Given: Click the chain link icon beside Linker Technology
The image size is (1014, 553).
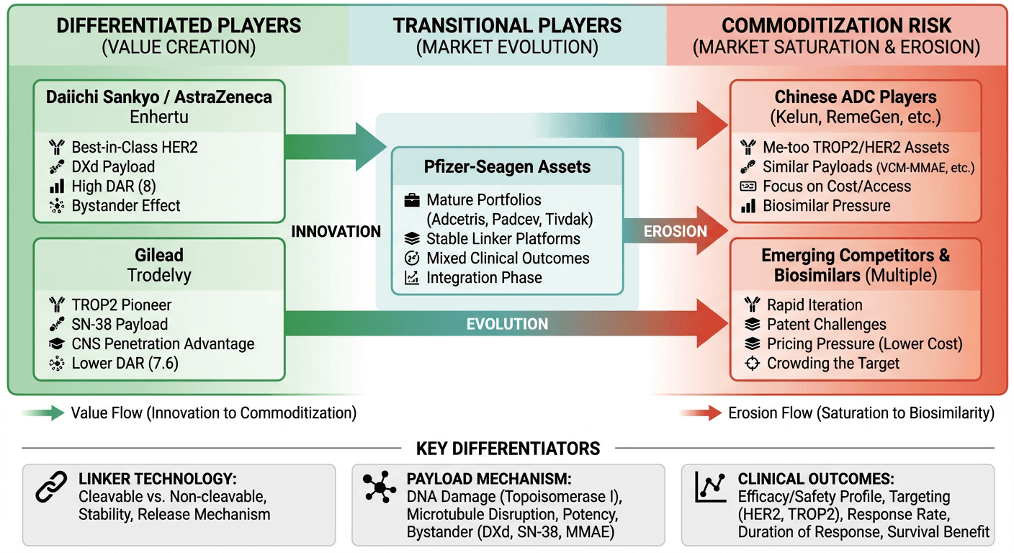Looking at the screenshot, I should [x=51, y=487].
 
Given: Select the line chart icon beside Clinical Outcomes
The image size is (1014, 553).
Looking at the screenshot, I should [x=709, y=487].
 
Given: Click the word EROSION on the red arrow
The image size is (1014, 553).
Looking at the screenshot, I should [x=676, y=231].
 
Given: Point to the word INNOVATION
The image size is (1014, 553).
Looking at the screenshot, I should [x=336, y=232].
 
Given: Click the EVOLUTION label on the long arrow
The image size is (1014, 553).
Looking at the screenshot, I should [x=507, y=324].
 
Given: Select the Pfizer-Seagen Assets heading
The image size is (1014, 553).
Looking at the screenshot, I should [x=508, y=167].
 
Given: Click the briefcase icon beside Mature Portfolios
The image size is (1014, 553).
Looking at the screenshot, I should [x=413, y=200].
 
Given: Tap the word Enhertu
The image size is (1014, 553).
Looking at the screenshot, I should [x=159, y=117].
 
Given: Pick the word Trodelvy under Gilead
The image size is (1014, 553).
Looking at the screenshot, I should [x=159, y=275].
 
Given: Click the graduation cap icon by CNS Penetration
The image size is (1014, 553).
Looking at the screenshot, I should [x=56, y=344].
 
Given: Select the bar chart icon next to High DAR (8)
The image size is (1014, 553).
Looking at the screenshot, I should [x=56, y=186].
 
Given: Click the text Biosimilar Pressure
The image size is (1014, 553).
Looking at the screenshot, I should [x=827, y=206].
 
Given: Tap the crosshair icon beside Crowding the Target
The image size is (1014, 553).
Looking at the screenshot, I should [x=752, y=364].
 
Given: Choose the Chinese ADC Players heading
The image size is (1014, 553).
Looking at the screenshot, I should [x=856, y=97].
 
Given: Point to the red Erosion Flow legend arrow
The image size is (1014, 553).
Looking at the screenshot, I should [x=701, y=413].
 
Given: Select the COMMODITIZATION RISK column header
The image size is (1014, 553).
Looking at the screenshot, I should [x=836, y=27].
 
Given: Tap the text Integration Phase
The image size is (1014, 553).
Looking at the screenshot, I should [x=484, y=278].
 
